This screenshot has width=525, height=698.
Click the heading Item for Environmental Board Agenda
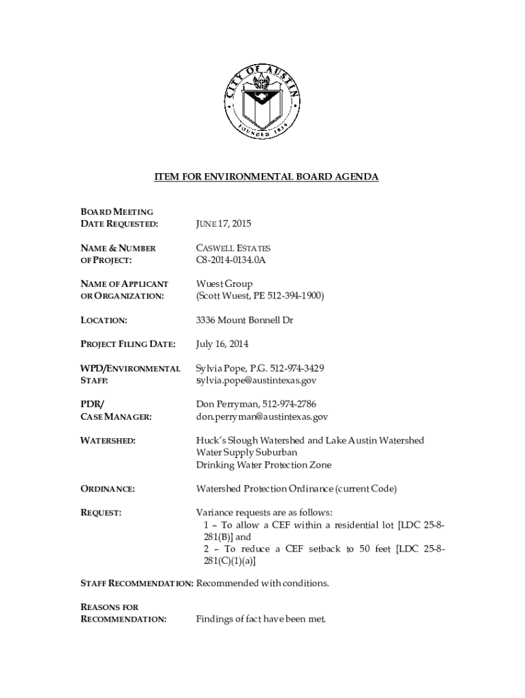coord(266,177)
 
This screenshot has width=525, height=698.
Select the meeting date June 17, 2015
coord(219,224)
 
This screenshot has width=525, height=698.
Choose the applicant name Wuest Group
coord(224,284)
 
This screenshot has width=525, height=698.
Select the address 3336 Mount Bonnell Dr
coord(244,320)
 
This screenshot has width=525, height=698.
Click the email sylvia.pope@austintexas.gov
coord(256,380)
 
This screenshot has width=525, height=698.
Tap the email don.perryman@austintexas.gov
coord(262,416)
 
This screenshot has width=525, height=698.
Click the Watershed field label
coord(108,441)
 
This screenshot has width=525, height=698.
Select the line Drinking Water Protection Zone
coord(264,465)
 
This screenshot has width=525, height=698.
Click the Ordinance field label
coord(108,489)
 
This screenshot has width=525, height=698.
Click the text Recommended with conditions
coord(262,584)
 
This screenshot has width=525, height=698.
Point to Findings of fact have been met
coord(261,620)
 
